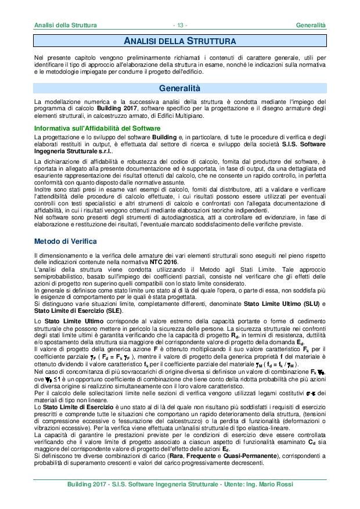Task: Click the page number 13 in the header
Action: [x=180, y=26]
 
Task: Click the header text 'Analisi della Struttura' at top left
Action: [x=65, y=26]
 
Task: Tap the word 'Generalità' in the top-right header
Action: [x=311, y=26]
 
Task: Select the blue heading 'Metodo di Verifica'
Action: [x=65, y=240]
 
